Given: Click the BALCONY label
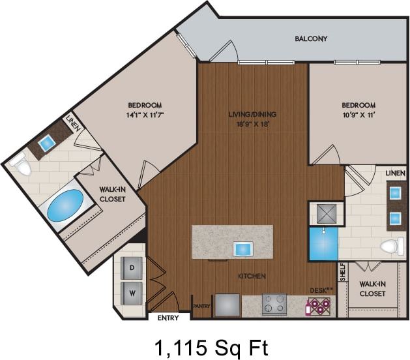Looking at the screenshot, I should click(311, 38).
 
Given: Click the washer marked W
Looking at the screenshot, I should click(132, 293).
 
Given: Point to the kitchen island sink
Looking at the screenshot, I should click(243, 248).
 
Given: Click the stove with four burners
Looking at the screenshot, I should click(274, 303).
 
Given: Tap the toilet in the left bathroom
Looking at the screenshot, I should click(23, 168).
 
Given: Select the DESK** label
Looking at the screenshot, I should click(320, 290).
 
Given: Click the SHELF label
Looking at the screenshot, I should click(342, 274).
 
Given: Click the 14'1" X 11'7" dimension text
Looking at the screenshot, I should click(144, 115).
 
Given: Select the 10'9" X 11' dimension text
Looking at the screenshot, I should click(359, 115).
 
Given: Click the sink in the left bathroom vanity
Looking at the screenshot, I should click(48, 143).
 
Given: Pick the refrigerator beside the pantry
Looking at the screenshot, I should click(227, 305).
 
